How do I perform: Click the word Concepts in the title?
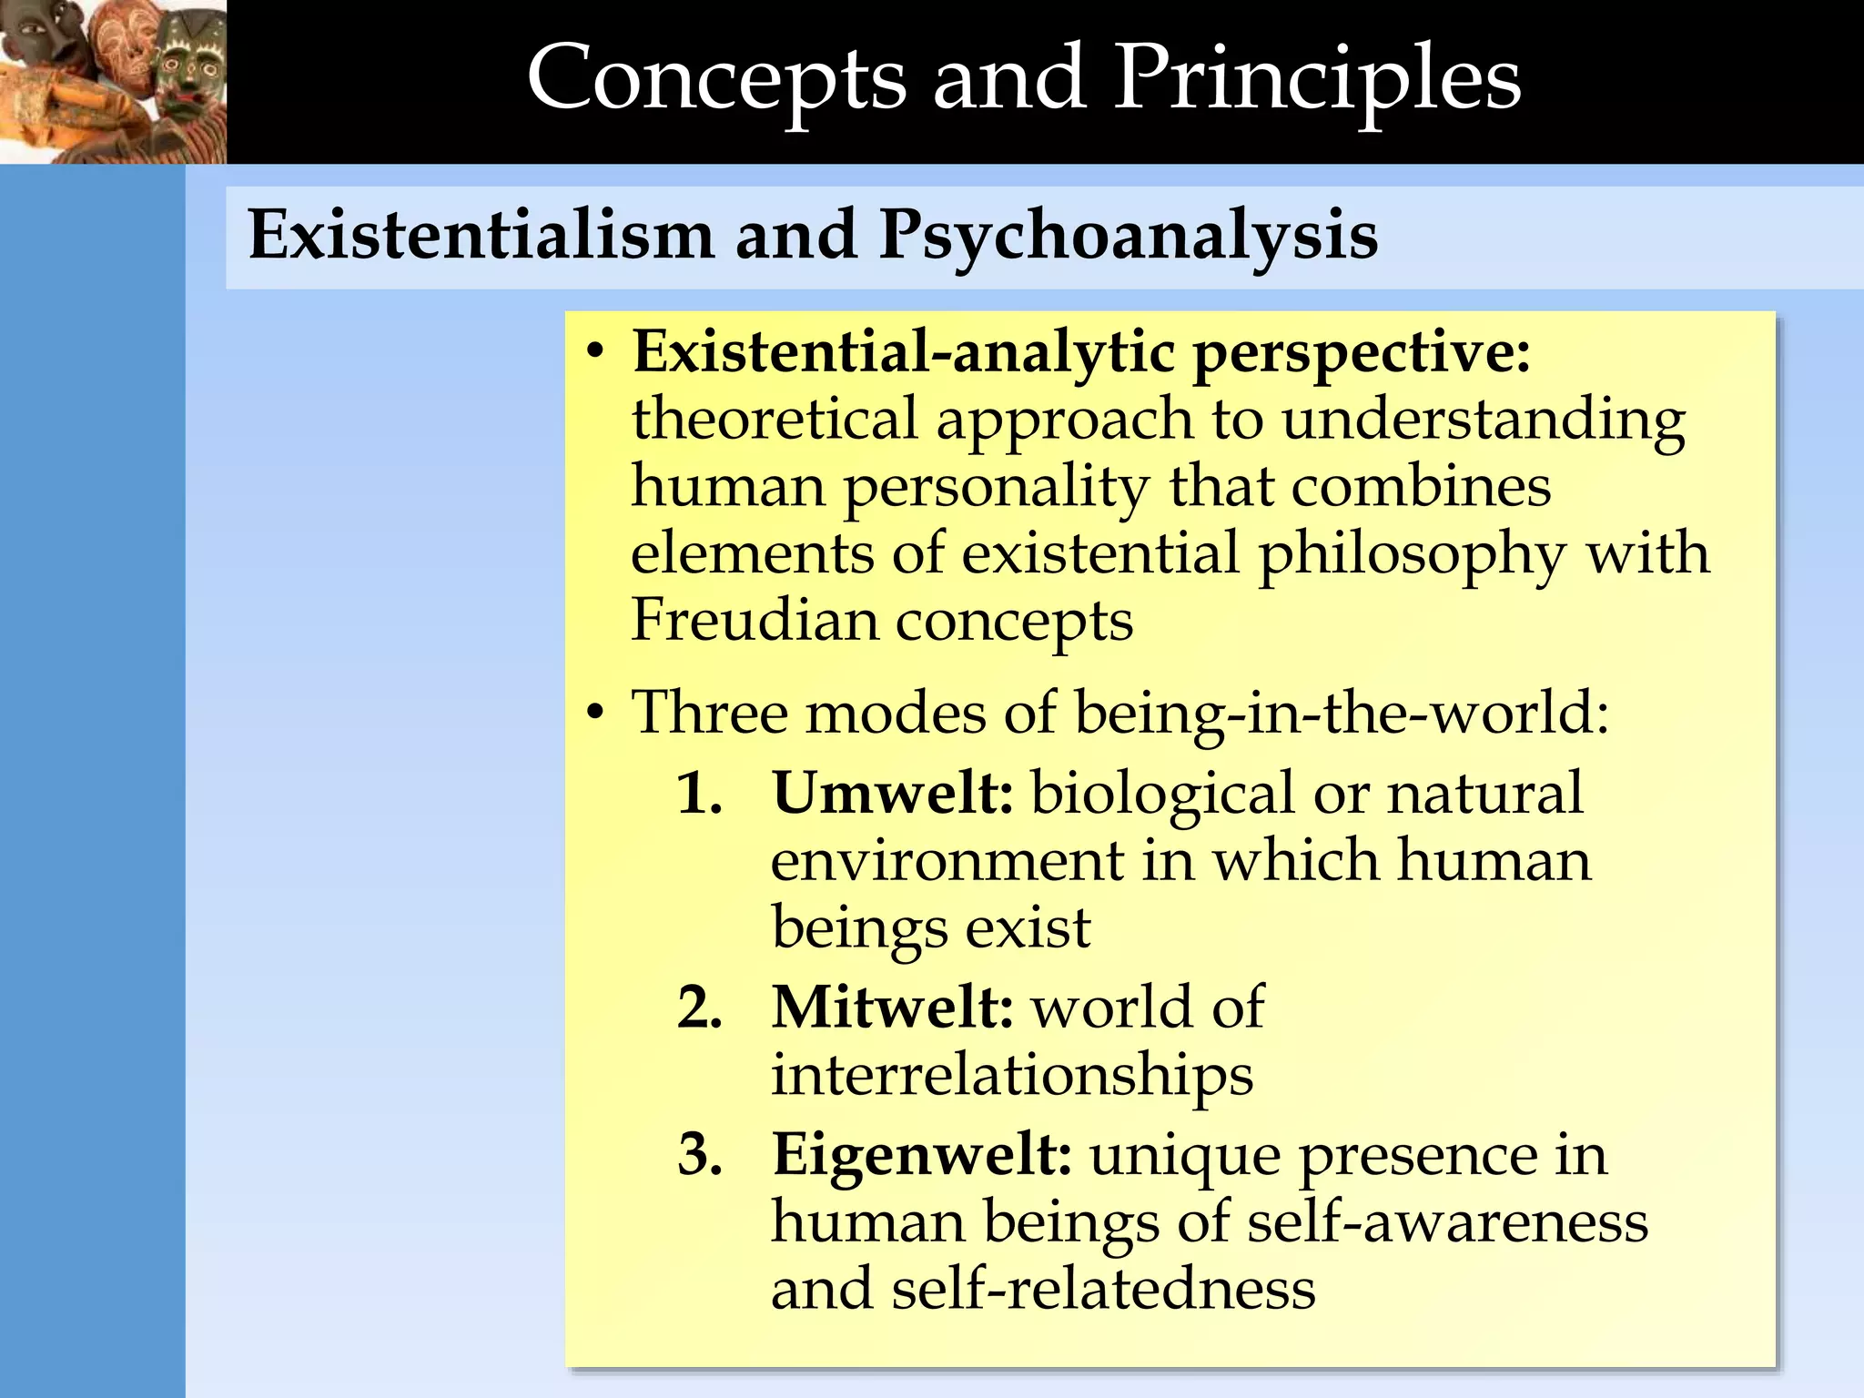(717, 80)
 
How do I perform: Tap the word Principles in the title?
(1317, 80)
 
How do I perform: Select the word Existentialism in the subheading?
(481, 235)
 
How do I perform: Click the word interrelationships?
(1012, 1077)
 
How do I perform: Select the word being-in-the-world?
(1342, 713)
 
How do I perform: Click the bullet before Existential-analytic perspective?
(595, 353)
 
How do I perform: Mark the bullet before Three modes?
(595, 713)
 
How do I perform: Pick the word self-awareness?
(1447, 1222)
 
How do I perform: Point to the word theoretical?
(774, 420)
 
